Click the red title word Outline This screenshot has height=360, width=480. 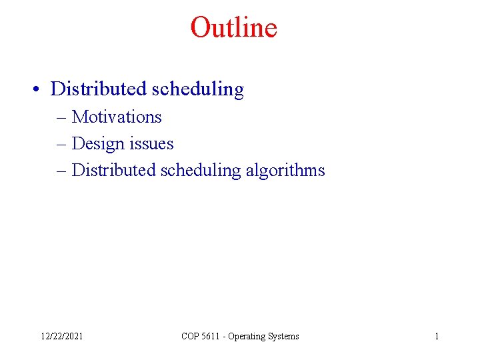click(x=233, y=27)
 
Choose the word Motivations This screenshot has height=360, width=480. click(x=117, y=117)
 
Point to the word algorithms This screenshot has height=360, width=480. click(x=285, y=171)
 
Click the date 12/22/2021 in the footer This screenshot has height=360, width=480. click(x=61, y=337)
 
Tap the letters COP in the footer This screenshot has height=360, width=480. click(x=191, y=337)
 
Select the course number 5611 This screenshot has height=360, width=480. click(x=213, y=337)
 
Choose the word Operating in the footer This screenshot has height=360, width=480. click(x=249, y=337)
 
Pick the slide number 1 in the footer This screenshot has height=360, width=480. click(x=437, y=337)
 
